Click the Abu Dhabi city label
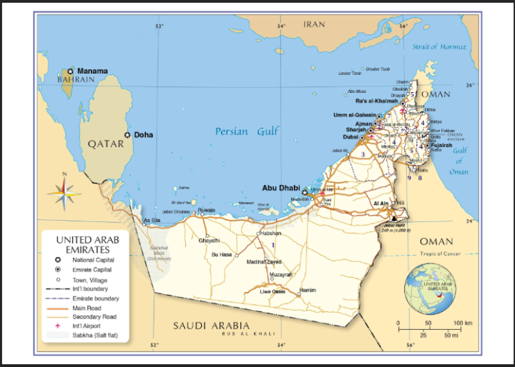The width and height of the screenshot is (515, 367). click(281, 188)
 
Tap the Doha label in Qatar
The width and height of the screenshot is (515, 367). click(143, 135)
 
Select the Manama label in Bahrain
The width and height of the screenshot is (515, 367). click(92, 71)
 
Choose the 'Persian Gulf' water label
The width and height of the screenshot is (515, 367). click(247, 131)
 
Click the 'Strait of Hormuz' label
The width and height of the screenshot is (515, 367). click(439, 46)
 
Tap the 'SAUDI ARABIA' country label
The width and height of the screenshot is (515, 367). click(212, 326)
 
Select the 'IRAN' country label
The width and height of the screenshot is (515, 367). click(313, 24)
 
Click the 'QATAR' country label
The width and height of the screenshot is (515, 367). click(106, 144)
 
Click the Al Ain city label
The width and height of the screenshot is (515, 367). click(380, 203)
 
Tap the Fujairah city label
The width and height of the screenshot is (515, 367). click(441, 146)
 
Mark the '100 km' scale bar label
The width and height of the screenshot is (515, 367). click(463, 323)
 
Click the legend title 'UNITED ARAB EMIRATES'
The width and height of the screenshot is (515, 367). click(87, 244)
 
